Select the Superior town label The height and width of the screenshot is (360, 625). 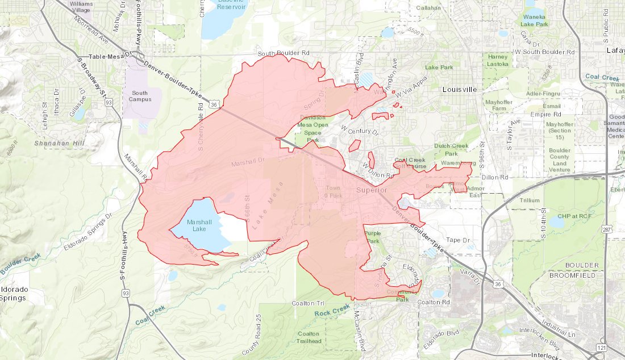pos(372,190)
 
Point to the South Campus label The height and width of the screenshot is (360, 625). pos(139,96)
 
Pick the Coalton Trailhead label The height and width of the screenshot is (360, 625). pos(308,337)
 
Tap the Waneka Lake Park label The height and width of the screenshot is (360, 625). pos(535,21)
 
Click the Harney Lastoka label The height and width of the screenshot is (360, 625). pos(498,60)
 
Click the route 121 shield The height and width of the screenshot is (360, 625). pos(601,346)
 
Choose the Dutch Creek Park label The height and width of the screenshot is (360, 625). pos(446,150)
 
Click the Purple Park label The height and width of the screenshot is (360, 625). pos(373,237)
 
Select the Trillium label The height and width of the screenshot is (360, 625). pos(530,200)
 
